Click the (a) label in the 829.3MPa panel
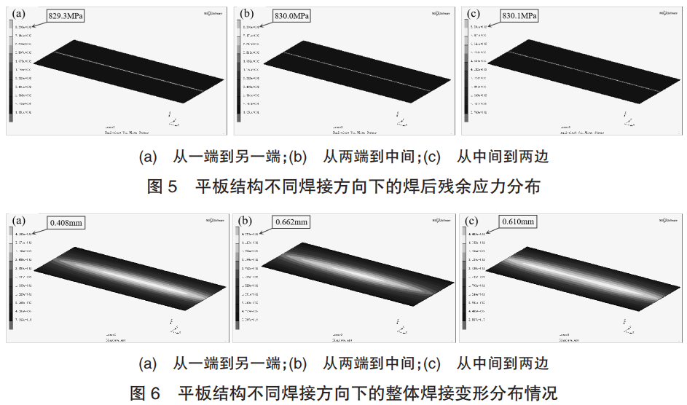[x=17, y=12]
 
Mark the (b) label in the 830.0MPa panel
[x=246, y=12]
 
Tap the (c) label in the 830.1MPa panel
[x=473, y=12]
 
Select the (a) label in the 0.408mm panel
[x=17, y=219]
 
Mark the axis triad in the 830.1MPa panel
[x=627, y=119]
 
